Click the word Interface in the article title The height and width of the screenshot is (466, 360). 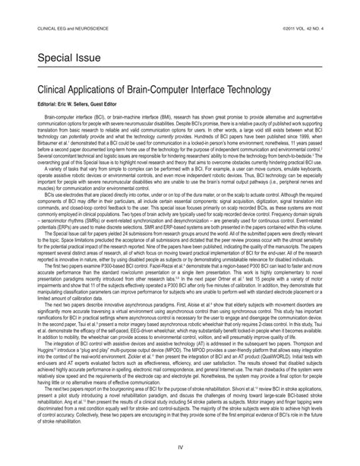pos(199,90)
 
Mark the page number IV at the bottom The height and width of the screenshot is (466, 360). pos(180,448)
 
